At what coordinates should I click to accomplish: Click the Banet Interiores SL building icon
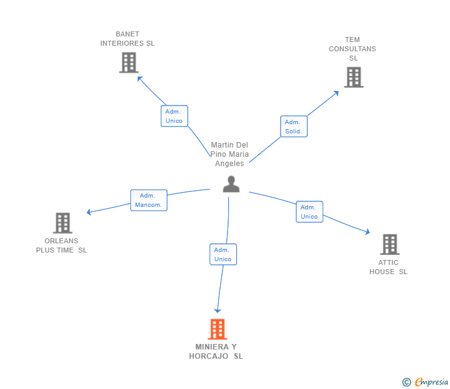click(129, 62)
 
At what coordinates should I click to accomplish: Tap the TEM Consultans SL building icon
click(353, 77)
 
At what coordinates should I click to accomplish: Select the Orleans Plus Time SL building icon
click(62, 223)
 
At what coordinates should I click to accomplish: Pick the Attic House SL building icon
click(389, 245)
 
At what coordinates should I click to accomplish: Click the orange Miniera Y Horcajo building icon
click(217, 329)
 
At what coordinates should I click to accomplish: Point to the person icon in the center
click(231, 184)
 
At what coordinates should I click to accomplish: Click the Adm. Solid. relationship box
click(294, 127)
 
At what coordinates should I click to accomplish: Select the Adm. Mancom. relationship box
click(148, 200)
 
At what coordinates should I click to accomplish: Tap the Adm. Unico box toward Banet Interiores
click(174, 116)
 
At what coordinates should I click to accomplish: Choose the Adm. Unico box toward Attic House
click(309, 212)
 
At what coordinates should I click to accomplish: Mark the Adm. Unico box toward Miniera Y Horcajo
click(223, 254)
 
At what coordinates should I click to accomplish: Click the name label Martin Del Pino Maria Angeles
click(229, 154)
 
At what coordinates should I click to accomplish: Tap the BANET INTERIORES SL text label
click(127, 39)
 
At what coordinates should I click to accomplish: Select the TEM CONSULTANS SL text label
click(352, 49)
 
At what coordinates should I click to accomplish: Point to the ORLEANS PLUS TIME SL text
click(61, 246)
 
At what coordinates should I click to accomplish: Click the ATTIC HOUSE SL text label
click(389, 267)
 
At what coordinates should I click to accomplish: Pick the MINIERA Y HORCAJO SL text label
click(216, 351)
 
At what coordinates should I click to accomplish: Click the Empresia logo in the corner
click(431, 382)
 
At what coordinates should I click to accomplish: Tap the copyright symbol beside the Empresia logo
click(406, 382)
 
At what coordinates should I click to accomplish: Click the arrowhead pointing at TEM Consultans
click(336, 93)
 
